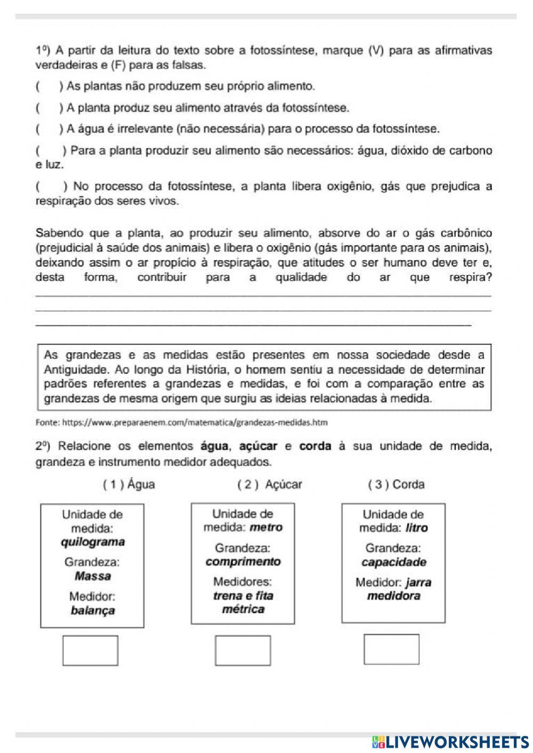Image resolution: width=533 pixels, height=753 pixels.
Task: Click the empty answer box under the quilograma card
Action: pyautogui.click(x=90, y=650)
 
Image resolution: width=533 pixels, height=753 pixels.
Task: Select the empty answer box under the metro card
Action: pyautogui.click(x=243, y=650)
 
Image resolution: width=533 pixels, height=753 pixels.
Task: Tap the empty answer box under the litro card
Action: pyautogui.click(x=391, y=649)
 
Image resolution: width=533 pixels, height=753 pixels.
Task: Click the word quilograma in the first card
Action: pyautogui.click(x=93, y=542)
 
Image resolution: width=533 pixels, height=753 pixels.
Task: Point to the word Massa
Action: pyautogui.click(x=93, y=576)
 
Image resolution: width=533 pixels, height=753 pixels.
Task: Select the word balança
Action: pyautogui.click(x=93, y=611)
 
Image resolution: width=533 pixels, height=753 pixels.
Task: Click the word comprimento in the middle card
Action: pyautogui.click(x=243, y=562)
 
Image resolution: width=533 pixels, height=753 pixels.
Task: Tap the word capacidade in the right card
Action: pyautogui.click(x=394, y=562)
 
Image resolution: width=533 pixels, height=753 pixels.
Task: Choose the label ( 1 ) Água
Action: pyautogui.click(x=129, y=484)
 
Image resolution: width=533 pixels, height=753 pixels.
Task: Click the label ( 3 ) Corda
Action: pyautogui.click(x=396, y=484)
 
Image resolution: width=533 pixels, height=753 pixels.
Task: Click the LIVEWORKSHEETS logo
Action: pyautogui.click(x=450, y=741)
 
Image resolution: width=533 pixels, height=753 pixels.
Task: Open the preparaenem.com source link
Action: pyautogui.click(x=181, y=423)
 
